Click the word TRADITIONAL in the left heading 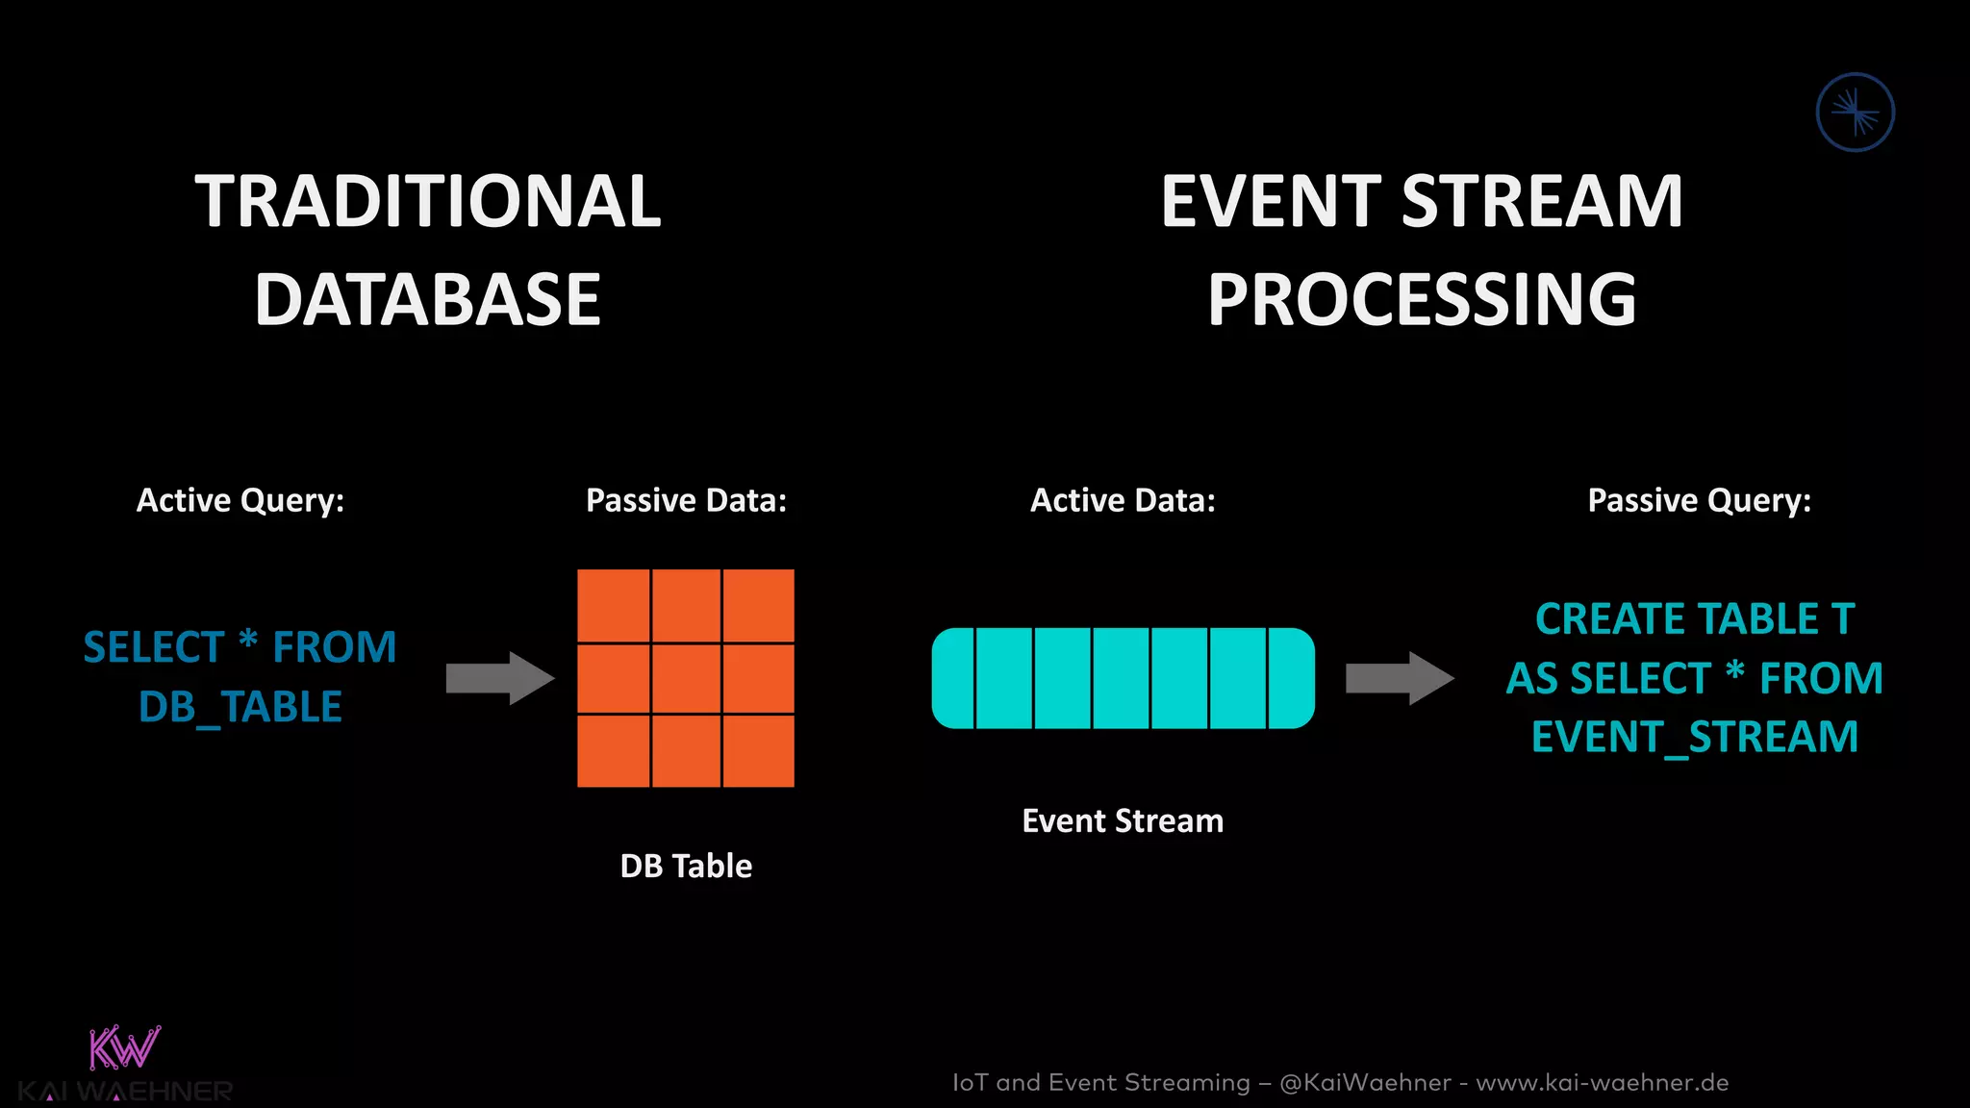point(428,202)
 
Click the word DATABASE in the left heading point(428,300)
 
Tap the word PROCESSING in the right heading point(1422,300)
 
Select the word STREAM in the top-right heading point(1542,202)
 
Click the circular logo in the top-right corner point(1855,113)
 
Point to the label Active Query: point(240,501)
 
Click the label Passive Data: point(686,501)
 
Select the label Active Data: point(1123,501)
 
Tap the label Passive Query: point(1699,501)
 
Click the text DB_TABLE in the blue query point(240,707)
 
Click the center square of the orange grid point(686,678)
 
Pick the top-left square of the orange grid point(613,605)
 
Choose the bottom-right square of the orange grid point(759,751)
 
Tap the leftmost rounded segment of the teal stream point(953,678)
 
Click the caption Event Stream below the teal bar point(1123,821)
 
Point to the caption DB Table point(686,867)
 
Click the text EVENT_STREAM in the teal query point(1695,738)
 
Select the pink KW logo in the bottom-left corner point(124,1048)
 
